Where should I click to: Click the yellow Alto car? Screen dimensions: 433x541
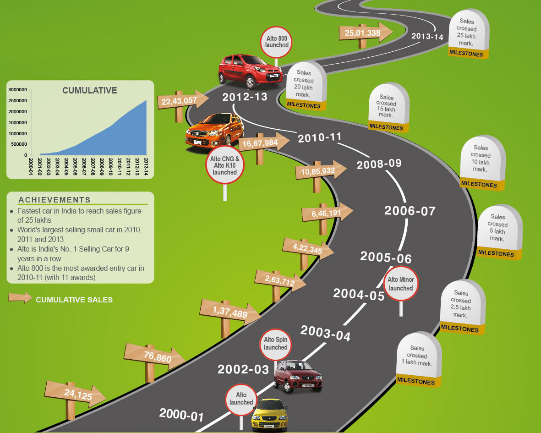tap(270, 415)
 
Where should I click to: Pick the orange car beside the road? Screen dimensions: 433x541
tap(214, 132)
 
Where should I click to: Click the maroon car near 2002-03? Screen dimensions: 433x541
tap(298, 376)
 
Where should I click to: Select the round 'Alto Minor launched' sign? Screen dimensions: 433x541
tap(401, 284)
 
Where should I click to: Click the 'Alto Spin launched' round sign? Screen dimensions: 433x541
tap(275, 344)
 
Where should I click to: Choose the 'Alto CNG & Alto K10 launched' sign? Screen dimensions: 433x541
tap(224, 165)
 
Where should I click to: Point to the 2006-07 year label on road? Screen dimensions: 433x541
tap(410, 211)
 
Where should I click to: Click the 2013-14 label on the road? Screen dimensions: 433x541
tap(427, 36)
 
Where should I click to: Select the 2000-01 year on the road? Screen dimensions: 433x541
tap(181, 415)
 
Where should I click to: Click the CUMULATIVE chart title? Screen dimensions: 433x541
tap(90, 90)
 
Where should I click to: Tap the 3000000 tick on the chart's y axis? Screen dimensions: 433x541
tap(18, 89)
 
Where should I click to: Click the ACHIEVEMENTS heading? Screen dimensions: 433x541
tap(55, 200)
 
